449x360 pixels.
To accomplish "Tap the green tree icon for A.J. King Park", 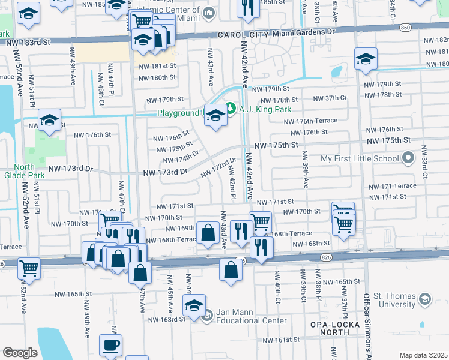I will click(x=231, y=109).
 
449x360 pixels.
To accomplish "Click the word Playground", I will click(x=178, y=113).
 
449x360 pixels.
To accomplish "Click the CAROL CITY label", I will click(x=241, y=35).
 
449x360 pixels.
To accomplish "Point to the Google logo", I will click(x=20, y=353).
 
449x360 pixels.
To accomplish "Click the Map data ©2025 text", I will click(x=423, y=355).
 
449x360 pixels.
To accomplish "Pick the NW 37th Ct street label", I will click(x=330, y=98).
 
